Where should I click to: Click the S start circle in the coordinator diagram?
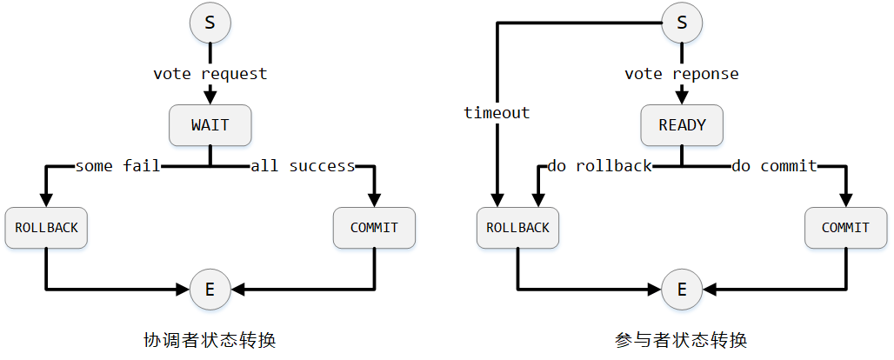[x=210, y=23]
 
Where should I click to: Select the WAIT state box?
[x=210, y=125]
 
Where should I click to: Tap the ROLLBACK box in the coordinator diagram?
[x=46, y=228]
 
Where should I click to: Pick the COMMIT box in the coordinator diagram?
[x=374, y=228]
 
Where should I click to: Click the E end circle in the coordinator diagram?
[x=210, y=289]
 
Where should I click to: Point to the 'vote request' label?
[x=210, y=74]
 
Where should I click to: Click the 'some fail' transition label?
[x=118, y=165]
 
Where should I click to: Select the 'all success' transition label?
[x=303, y=165]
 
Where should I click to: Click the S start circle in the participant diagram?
[x=682, y=23]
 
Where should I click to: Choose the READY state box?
[x=682, y=125]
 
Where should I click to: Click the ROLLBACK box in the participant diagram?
[x=517, y=228]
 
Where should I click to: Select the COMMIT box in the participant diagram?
[x=845, y=228]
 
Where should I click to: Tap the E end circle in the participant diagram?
[x=682, y=289]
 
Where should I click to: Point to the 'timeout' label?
[x=497, y=113]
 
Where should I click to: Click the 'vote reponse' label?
[x=682, y=74]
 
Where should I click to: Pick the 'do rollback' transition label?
[x=599, y=165]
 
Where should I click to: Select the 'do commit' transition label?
[x=774, y=165]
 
